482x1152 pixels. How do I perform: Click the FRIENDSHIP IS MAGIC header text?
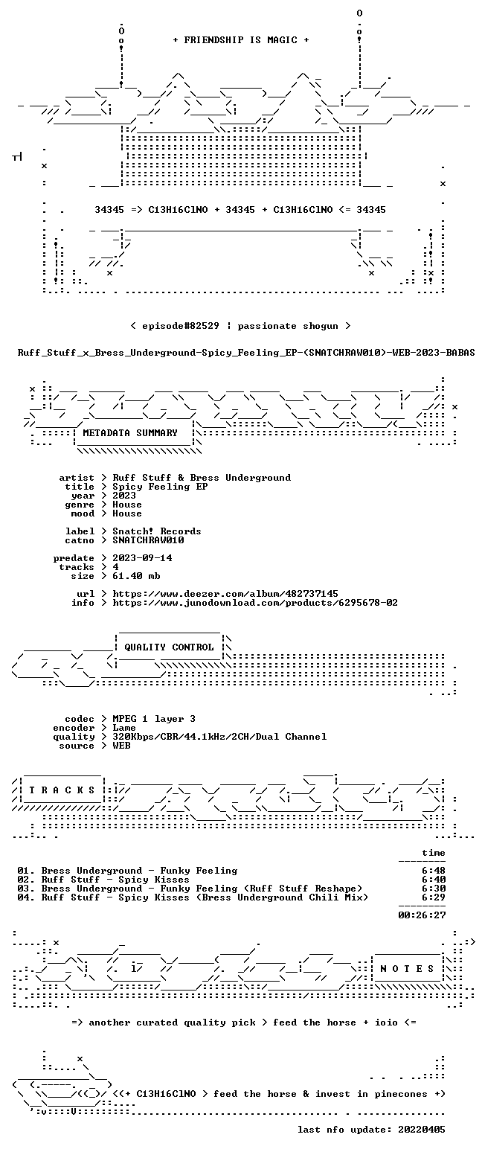point(240,40)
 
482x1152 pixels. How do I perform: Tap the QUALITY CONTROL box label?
point(169,647)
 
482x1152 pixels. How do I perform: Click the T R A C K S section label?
point(62,790)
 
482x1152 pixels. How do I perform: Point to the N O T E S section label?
point(407,969)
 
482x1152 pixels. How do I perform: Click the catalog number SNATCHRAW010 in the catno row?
point(148,540)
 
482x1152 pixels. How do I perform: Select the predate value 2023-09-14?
point(142,558)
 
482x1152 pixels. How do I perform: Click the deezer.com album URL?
point(225,594)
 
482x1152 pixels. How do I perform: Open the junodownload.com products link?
point(255,603)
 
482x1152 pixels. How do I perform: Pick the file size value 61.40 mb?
point(136,576)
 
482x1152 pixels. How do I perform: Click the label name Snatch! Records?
point(157,531)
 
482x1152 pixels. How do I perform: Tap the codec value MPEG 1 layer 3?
point(154,719)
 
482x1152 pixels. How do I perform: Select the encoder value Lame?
point(124,728)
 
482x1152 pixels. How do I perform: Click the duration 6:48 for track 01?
point(434,871)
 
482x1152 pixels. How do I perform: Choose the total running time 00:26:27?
point(422,915)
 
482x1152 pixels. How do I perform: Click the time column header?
point(434,853)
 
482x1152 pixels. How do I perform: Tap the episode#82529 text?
point(181,326)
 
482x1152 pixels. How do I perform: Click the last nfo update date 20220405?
point(422,1130)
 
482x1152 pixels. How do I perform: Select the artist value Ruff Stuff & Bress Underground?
point(202,478)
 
